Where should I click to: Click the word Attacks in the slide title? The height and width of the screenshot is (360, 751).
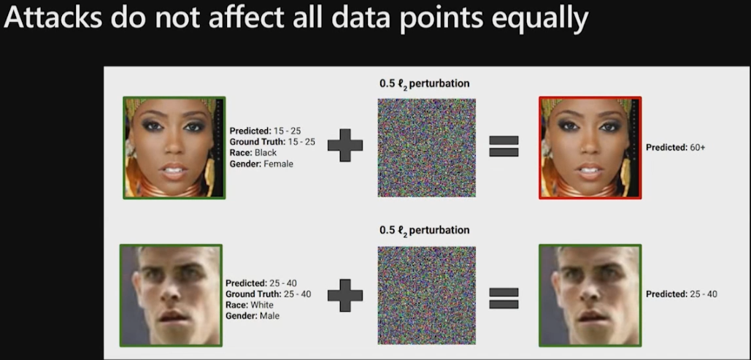tap(53, 18)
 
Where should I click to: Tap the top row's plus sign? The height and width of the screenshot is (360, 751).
tap(344, 145)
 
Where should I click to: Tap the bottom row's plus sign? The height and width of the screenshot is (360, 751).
tap(344, 295)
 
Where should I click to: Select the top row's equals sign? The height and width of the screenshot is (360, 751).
tap(504, 146)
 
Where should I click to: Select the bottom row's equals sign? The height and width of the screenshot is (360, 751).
tap(504, 298)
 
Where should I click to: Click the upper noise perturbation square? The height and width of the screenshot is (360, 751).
tap(426, 148)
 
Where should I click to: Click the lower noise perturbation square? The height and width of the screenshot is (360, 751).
tap(426, 295)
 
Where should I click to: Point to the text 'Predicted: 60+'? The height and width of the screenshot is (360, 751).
tap(675, 148)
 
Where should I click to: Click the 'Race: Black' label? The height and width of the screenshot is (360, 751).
tap(253, 153)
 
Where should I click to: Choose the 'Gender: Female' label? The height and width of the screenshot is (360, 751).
tap(261, 164)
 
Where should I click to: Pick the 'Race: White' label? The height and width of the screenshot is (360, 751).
tap(250, 305)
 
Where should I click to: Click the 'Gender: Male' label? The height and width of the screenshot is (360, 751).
tap(253, 316)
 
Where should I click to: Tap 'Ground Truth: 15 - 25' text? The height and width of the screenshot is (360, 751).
tap(272, 142)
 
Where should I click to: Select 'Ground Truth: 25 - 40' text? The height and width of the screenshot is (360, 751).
tap(269, 294)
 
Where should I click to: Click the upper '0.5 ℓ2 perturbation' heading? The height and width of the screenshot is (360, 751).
tap(424, 84)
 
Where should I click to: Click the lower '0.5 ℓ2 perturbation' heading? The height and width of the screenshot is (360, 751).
tap(424, 231)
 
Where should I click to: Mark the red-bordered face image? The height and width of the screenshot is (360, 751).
tap(590, 148)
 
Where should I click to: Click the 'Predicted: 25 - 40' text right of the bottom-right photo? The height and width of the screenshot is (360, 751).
tap(682, 294)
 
